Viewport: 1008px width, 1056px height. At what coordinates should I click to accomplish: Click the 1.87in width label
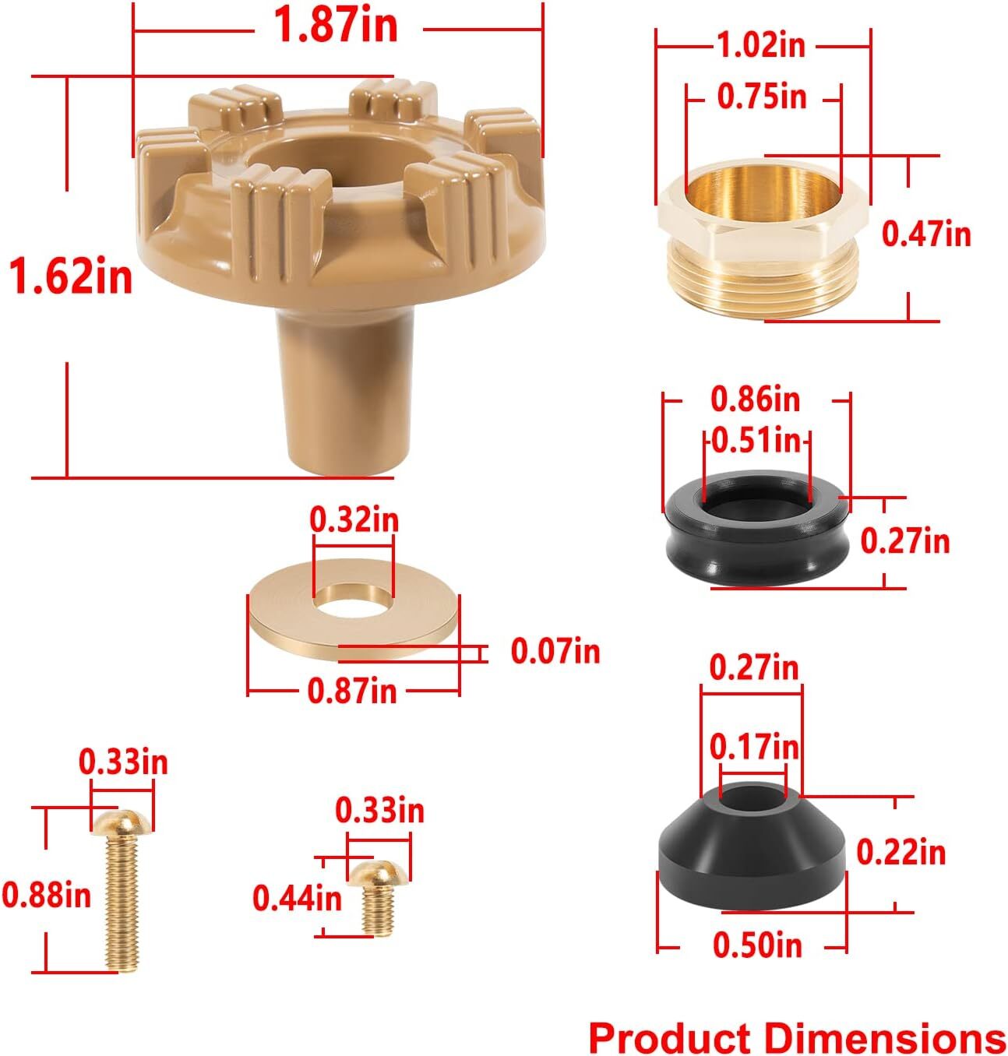coord(335,26)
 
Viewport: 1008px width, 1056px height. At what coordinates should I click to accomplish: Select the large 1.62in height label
coord(71,276)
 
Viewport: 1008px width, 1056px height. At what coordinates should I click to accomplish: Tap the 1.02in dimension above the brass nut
coord(760,46)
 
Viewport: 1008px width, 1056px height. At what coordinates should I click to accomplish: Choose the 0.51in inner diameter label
coord(756,441)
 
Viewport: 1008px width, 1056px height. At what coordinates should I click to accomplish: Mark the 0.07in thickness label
coord(555,651)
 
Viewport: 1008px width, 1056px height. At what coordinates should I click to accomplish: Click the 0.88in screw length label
coord(47,895)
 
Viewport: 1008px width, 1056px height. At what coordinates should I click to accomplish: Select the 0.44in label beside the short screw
coord(297,898)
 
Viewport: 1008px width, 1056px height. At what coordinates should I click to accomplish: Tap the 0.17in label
coord(754,747)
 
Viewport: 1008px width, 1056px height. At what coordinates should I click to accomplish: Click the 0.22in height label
coord(901,853)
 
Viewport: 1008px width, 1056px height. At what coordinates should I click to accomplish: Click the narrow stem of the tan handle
coord(346,389)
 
